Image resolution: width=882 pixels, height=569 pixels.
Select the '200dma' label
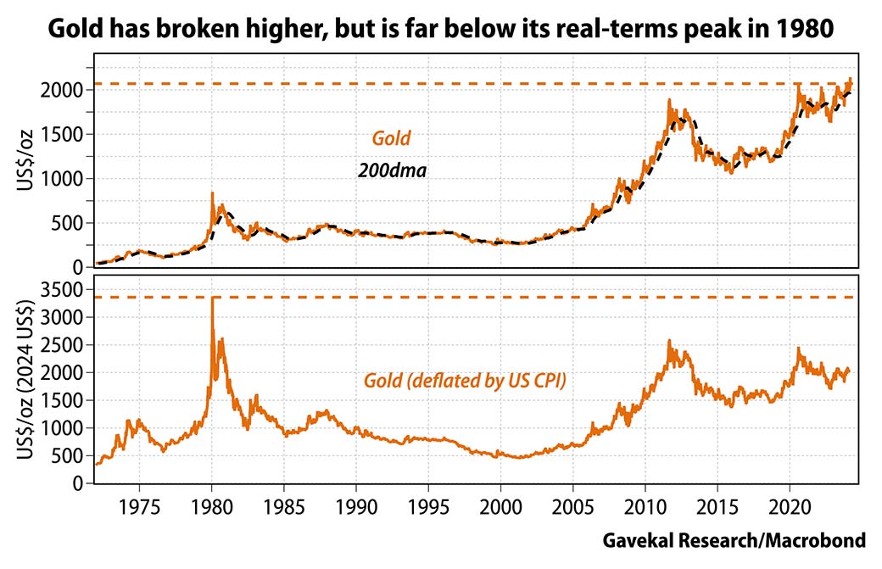point(391,170)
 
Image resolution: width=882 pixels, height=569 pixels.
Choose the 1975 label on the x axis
point(140,509)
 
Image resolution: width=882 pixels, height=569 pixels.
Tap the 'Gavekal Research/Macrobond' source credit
point(734,541)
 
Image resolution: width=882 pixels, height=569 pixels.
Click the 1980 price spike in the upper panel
point(212,193)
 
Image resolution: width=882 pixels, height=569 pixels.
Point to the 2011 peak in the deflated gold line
point(669,342)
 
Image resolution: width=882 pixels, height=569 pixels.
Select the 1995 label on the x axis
point(429,509)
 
